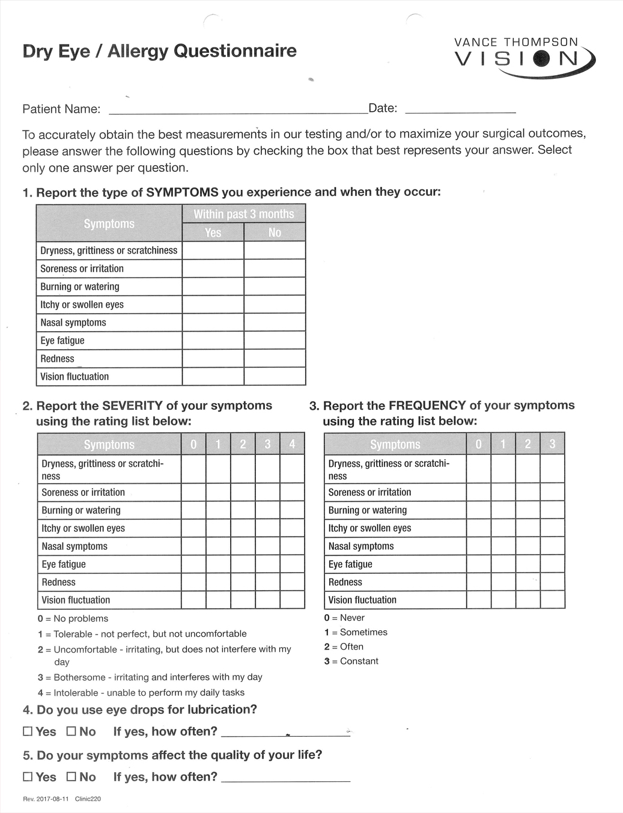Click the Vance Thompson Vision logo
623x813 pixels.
pyautogui.click(x=524, y=55)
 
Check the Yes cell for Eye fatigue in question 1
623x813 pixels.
pyautogui.click(x=213, y=341)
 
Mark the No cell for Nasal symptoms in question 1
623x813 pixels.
pyautogui.click(x=275, y=323)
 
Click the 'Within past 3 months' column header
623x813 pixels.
pyautogui.click(x=243, y=214)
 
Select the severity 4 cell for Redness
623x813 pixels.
pyautogui.click(x=292, y=582)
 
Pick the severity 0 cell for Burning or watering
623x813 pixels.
pyautogui.click(x=193, y=510)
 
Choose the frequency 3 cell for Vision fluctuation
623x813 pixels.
pyautogui.click(x=552, y=600)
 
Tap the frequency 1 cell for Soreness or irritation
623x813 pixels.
pyautogui.click(x=503, y=492)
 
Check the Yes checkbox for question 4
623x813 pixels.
pyautogui.click(x=28, y=731)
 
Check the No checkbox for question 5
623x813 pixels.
pyautogui.click(x=71, y=777)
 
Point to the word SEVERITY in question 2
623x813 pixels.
pyautogui.click(x=132, y=406)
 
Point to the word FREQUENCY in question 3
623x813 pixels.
pyautogui.click(x=427, y=406)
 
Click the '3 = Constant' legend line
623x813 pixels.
pyautogui.click(x=351, y=661)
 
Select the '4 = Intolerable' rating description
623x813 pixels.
pyautogui.click(x=141, y=692)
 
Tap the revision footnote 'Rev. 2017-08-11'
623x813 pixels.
pyautogui.click(x=46, y=799)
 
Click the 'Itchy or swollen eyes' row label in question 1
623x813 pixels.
pyautogui.click(x=82, y=305)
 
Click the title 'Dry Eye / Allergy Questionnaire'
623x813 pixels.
pyautogui.click(x=159, y=51)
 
